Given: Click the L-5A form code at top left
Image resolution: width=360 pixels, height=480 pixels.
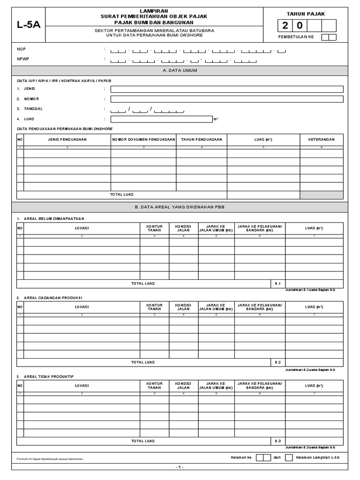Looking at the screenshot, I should (x=29, y=25).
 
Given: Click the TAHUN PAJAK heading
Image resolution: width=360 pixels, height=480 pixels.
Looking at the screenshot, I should (x=305, y=15).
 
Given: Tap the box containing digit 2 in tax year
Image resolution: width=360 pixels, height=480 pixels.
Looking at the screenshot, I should (x=285, y=26).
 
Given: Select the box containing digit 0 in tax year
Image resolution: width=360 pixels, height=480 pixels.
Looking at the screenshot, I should (x=300, y=26).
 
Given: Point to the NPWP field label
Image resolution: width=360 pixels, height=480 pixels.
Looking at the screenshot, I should (x=22, y=59).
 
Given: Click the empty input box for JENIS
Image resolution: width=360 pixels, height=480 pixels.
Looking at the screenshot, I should (x=227, y=89).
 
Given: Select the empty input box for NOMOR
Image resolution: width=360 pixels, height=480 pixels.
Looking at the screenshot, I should (x=227, y=99).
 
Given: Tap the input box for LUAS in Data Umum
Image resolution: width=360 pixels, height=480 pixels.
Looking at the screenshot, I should (x=161, y=119).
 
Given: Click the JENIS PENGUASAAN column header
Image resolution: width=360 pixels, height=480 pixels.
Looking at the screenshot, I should (x=67, y=140).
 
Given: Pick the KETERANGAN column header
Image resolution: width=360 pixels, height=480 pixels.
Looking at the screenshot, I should (x=322, y=140).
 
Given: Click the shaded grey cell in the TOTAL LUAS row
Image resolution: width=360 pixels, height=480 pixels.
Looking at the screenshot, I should (x=322, y=195).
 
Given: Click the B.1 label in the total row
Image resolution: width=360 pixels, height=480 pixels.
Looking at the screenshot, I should (x=277, y=284).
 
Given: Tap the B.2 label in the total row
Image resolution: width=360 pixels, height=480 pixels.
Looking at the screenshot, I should (x=277, y=362).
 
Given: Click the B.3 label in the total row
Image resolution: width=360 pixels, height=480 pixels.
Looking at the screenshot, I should (x=277, y=441).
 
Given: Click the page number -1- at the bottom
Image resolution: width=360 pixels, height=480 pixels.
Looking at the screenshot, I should (x=180, y=467).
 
